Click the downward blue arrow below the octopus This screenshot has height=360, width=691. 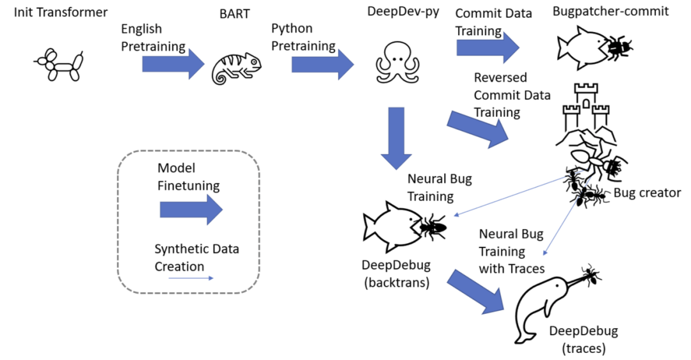[x=397, y=139]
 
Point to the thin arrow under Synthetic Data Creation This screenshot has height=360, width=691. [x=191, y=278]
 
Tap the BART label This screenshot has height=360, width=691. [x=238, y=13]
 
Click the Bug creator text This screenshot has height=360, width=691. [x=647, y=193]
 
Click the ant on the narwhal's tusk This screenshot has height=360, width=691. [x=591, y=276]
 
